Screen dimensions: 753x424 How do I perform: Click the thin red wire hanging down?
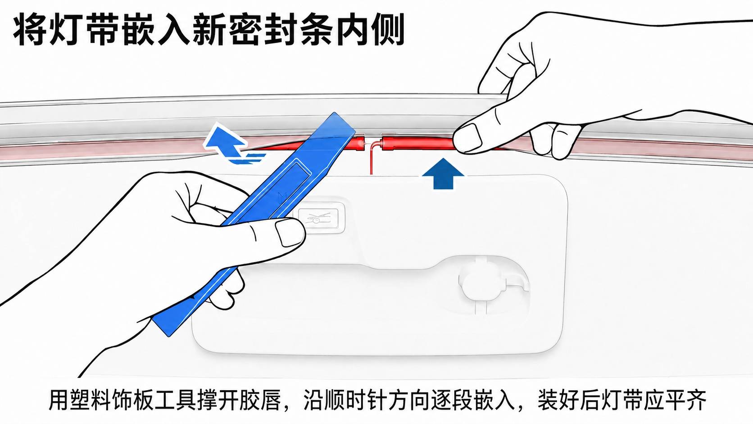tap(372, 158)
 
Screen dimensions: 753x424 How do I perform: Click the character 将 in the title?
tap(30, 30)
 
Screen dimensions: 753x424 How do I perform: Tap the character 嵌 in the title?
tap(138, 30)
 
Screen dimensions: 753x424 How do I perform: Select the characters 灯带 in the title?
tap(84, 30)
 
